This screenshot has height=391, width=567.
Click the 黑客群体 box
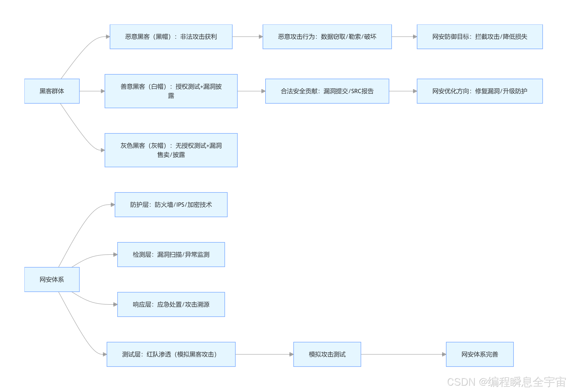pyautogui.click(x=52, y=91)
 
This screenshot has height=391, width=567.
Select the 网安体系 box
pyautogui.click(x=52, y=280)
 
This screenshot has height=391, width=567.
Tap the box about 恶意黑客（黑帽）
pyautogui.click(x=171, y=37)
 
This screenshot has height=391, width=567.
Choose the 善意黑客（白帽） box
pyautogui.click(x=171, y=91)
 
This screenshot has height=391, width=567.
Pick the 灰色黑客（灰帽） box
pyautogui.click(x=171, y=150)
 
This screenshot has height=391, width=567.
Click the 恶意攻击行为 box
pyautogui.click(x=327, y=37)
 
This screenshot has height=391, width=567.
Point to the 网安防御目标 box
pyautogui.click(x=480, y=37)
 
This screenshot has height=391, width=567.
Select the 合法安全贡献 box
pyautogui.click(x=327, y=91)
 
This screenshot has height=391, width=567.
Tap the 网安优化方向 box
pyautogui.click(x=480, y=91)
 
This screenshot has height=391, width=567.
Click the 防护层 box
pyautogui.click(x=171, y=205)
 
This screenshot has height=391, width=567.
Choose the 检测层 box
pyautogui.click(x=171, y=255)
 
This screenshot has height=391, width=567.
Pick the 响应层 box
pyautogui.click(x=171, y=304)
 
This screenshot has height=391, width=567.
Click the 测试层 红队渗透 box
pyautogui.click(x=171, y=354)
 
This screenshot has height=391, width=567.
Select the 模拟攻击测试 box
pyautogui.click(x=327, y=354)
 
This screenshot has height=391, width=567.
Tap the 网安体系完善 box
pyautogui.click(x=480, y=354)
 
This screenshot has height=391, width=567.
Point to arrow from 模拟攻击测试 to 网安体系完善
pyautogui.click(x=403, y=354)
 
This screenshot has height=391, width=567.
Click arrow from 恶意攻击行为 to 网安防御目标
pyautogui.click(x=404, y=37)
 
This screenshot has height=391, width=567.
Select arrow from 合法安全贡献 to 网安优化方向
pyautogui.click(x=403, y=91)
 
